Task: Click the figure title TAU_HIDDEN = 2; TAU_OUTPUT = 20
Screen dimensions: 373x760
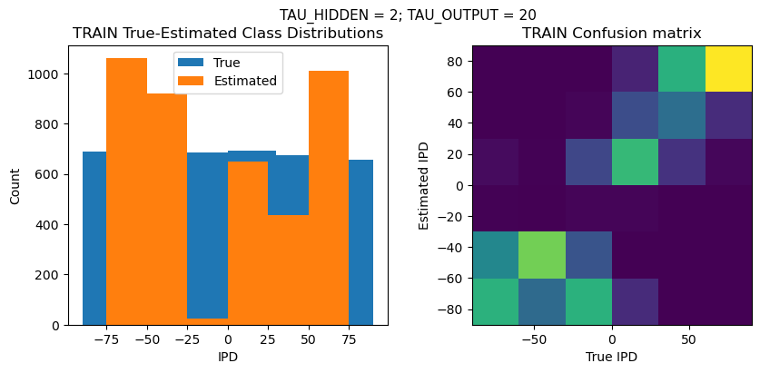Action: [x=408, y=15]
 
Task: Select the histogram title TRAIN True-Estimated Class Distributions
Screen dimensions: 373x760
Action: [x=227, y=34]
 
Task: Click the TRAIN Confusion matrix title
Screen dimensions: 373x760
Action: [x=611, y=34]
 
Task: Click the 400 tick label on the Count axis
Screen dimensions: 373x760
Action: [x=54, y=224]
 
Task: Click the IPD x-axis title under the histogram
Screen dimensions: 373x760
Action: [x=227, y=358]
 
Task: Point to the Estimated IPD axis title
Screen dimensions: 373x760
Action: [x=423, y=185]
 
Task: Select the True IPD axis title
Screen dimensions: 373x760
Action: [x=611, y=358]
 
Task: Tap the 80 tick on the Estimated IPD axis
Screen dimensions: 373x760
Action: [x=458, y=61]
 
